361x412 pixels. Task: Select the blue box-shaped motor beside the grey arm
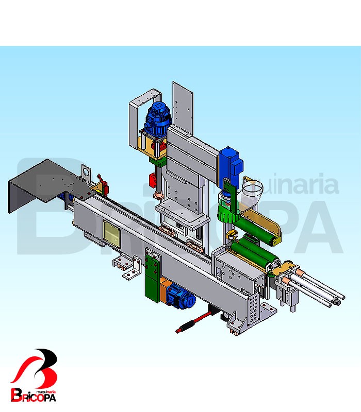click(x=231, y=164)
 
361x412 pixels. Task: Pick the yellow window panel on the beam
click(x=111, y=234)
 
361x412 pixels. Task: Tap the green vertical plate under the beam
click(x=153, y=277)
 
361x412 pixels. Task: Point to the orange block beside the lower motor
click(x=165, y=288)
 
